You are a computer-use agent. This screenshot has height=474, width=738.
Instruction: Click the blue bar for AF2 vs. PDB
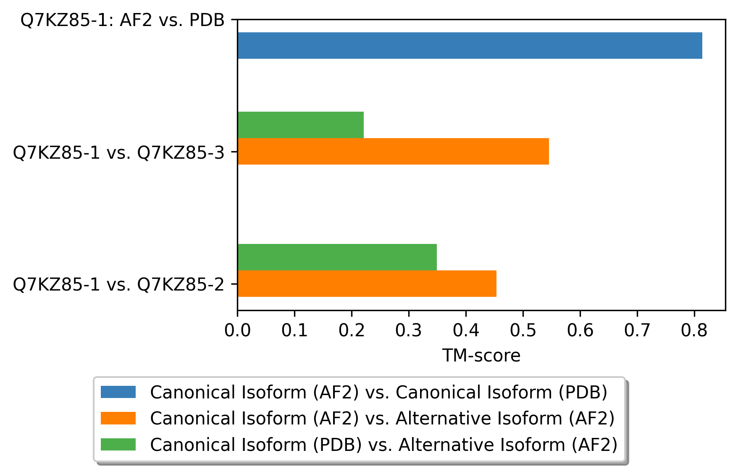470,45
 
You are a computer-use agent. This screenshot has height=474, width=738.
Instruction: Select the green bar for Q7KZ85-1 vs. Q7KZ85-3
300,125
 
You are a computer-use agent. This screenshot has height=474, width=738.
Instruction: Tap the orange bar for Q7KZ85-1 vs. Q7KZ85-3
393,151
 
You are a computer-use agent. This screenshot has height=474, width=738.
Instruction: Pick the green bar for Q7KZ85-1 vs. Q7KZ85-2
337,257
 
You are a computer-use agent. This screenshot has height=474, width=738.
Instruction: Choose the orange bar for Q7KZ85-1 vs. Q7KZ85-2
367,283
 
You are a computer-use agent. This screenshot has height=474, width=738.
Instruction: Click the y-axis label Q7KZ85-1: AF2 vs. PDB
123,20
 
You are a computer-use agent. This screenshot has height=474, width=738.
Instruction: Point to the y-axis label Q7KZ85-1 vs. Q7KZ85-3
119,153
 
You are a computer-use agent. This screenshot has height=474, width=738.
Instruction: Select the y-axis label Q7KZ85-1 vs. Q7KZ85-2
119,285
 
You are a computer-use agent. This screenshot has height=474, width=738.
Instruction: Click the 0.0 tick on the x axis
238,331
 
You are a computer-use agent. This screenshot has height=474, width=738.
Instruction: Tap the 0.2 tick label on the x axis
352,331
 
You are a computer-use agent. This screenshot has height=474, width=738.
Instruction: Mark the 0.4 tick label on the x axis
466,331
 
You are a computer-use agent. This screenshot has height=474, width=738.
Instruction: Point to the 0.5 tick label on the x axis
523,331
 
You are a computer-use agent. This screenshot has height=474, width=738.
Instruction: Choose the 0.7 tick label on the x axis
637,331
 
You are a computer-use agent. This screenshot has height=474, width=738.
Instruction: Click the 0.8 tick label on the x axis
694,331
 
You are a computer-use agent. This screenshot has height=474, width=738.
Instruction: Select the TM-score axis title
481,356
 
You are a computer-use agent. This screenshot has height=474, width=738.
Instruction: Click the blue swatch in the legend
118,392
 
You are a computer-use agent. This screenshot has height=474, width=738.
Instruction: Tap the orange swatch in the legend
118,418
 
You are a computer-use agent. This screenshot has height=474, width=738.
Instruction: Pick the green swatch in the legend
118,444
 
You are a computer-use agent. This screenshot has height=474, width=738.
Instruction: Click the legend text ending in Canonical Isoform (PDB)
378,392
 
